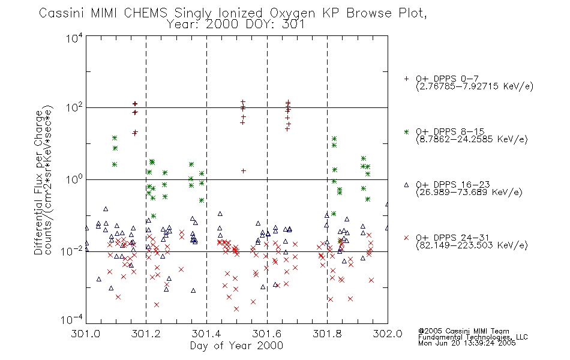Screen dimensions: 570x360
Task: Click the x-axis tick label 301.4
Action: coord(206,334)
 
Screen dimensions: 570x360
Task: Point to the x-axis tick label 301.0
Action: coord(85,334)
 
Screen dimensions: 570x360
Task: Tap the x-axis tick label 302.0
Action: coord(388,334)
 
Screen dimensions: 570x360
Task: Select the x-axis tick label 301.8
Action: coord(327,334)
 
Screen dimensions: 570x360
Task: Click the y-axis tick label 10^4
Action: coord(74,38)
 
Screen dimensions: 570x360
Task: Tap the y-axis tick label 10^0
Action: coord(74,179)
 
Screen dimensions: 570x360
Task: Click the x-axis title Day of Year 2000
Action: coord(236,346)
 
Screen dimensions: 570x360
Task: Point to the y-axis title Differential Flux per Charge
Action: coord(38,182)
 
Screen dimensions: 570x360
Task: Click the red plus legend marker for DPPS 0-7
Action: coord(406,79)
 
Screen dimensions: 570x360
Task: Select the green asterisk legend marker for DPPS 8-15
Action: coord(406,131)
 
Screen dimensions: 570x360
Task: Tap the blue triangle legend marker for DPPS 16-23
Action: coord(406,185)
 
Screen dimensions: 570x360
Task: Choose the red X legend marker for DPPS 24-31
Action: coord(406,238)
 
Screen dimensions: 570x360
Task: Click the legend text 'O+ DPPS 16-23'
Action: coord(453,184)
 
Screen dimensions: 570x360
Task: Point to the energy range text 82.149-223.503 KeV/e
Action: coord(472,245)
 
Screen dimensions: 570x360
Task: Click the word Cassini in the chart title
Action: coord(61,13)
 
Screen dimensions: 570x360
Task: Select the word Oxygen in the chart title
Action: coord(292,14)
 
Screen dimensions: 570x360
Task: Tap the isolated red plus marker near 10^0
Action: coord(244,170)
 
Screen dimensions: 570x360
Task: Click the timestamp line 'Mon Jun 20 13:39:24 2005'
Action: coord(467,343)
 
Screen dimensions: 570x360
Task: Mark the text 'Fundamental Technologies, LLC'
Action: coord(473,337)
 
